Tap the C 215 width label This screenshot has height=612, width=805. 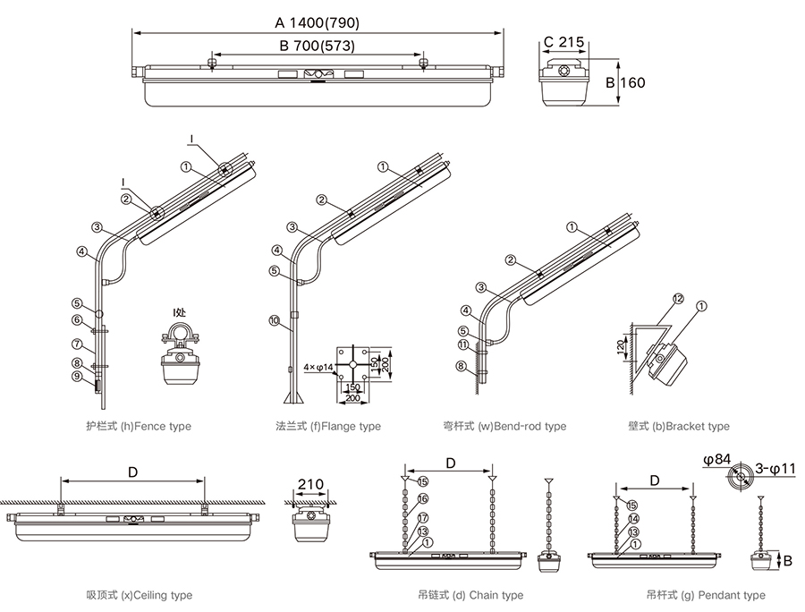point(563,41)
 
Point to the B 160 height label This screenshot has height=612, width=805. point(627,83)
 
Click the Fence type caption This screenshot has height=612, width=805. point(139,427)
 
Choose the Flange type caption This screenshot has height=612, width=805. point(328,427)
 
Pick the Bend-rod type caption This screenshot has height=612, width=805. point(504,427)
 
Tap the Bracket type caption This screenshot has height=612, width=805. point(679,427)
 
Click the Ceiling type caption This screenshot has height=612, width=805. point(139,595)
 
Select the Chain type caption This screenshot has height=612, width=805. point(470,595)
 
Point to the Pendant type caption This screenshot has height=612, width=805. point(706,595)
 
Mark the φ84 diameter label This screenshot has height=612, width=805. point(717,460)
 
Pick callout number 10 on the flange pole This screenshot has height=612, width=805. point(274,319)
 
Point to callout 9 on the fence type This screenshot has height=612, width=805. point(77,376)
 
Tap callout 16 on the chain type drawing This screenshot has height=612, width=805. point(423,498)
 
